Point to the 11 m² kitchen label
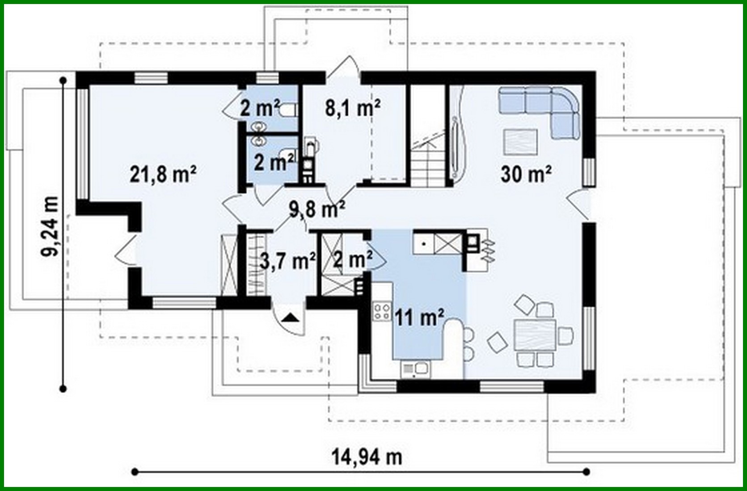point(419,317)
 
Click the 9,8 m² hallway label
point(317,209)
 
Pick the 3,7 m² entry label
point(288,261)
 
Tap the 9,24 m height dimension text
point(50,226)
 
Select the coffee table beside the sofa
point(520,141)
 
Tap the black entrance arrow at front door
point(290,318)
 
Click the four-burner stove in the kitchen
point(382,312)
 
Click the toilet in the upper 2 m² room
point(286,110)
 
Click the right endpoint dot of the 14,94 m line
point(587,471)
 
